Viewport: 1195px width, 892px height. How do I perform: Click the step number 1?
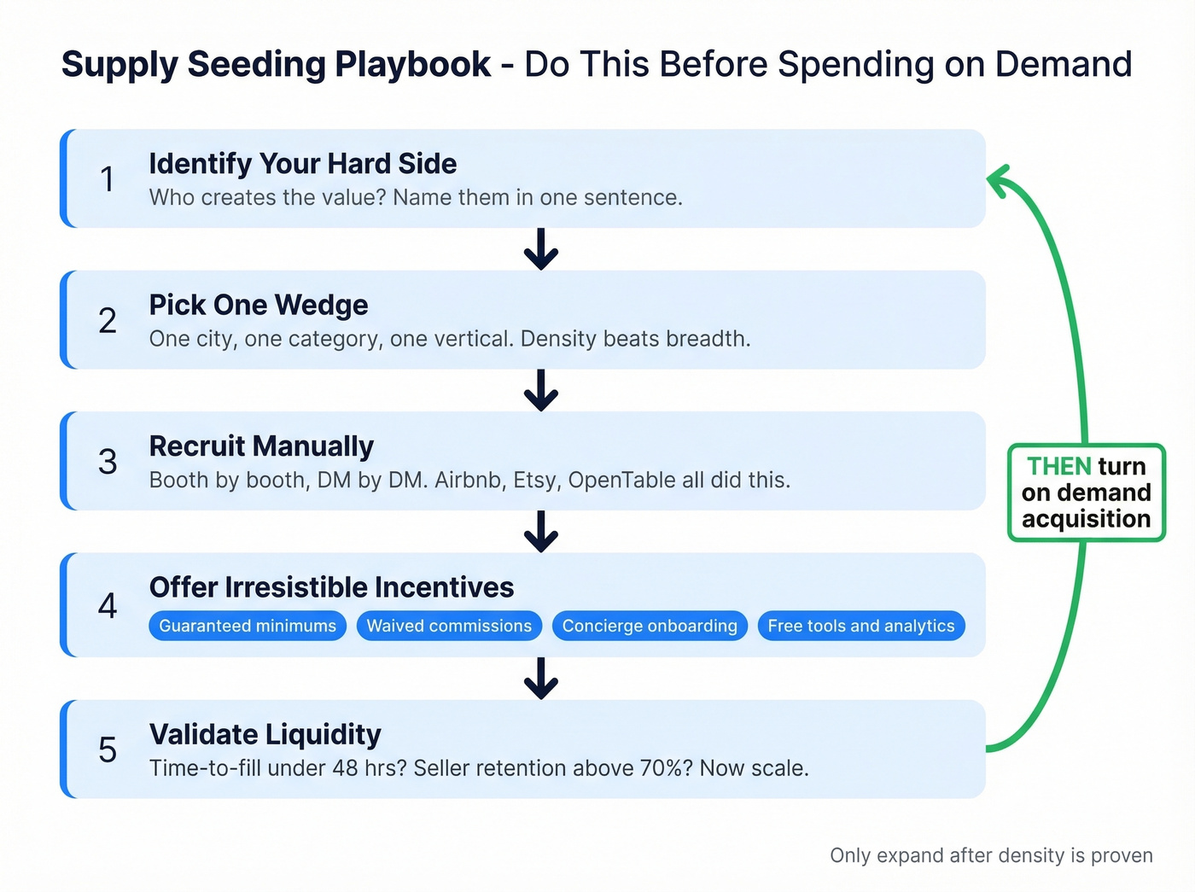[107, 179]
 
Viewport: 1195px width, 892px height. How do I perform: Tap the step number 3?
[108, 462]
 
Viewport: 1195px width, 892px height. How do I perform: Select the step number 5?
[108, 750]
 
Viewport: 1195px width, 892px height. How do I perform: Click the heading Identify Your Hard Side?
[302, 163]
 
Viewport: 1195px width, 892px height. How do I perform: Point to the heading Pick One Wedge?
[258, 305]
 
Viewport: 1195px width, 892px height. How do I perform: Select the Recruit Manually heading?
[261, 446]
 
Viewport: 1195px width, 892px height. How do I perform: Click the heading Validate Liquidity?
[265, 734]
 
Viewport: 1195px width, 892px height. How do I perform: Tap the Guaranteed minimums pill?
[248, 626]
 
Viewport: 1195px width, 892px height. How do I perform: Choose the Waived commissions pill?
[449, 626]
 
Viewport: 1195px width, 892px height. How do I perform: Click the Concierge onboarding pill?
[650, 626]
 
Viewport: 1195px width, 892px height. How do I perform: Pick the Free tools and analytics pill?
[861, 626]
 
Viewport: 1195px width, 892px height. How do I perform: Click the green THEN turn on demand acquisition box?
[1086, 493]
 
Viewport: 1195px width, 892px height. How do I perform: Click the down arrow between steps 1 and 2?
[541, 249]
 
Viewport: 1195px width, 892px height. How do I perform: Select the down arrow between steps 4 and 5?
[541, 679]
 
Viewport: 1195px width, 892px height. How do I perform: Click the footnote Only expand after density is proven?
[991, 855]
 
